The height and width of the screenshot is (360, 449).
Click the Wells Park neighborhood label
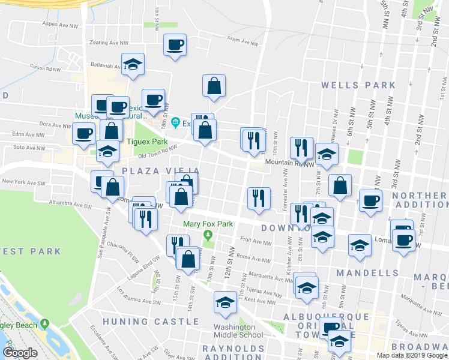coord(358,85)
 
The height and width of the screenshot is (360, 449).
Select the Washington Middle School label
coord(238,331)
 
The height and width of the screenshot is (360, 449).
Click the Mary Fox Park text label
coord(207,224)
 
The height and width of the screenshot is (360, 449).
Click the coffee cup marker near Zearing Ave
coord(175,45)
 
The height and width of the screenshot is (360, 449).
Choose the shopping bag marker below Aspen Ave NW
coord(214,86)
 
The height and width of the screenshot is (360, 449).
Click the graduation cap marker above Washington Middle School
coord(225,302)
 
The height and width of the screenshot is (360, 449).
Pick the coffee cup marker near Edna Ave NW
coord(83,133)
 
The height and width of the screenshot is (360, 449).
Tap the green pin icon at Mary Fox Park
coord(208,235)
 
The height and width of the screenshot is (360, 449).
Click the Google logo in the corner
coord(20,353)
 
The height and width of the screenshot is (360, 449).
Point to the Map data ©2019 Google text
coord(411,355)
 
